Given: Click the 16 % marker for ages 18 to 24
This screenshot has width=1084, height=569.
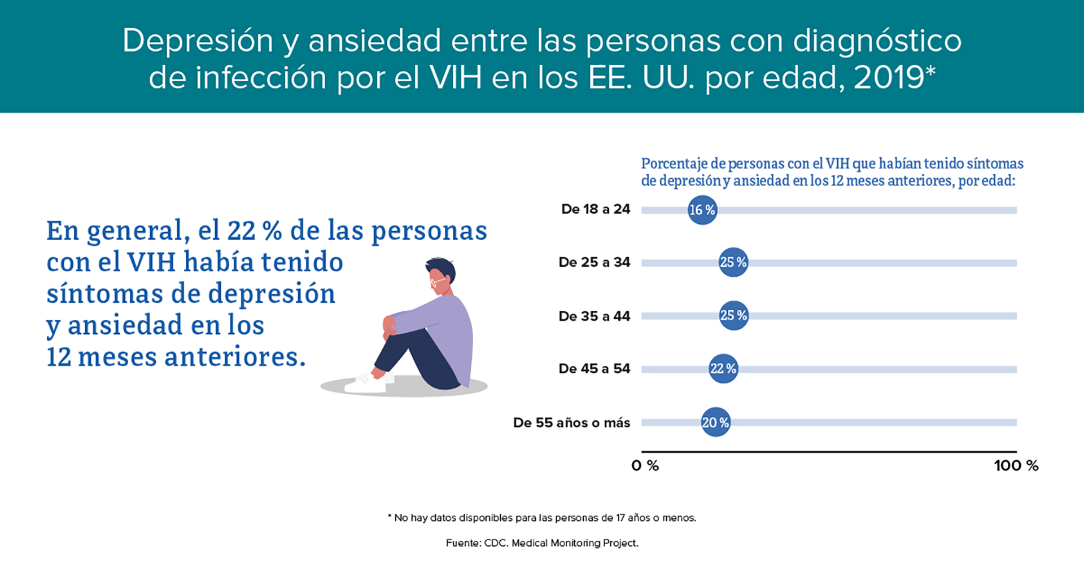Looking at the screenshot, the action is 702,210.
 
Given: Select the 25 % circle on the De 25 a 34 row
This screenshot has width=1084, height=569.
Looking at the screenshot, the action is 733,262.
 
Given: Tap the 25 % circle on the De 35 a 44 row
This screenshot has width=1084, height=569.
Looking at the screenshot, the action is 733,315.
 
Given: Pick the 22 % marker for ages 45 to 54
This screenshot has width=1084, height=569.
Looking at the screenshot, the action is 723,368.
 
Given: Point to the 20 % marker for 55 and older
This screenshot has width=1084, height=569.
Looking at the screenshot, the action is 715,422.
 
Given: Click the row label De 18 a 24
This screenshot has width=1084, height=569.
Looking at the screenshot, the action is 596,209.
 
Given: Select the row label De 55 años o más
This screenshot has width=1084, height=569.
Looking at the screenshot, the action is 571,422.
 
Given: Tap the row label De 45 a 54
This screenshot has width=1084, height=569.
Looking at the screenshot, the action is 595,369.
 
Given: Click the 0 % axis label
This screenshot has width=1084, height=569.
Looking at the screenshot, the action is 645,465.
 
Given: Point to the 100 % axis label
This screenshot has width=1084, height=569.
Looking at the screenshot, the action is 1016,465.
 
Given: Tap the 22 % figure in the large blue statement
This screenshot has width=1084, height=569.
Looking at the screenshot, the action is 254,231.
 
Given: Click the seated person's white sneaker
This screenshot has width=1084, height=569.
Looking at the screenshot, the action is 366,383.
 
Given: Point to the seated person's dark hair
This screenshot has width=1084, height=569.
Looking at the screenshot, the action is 442,268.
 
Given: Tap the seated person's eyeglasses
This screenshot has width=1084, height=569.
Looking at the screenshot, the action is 438,280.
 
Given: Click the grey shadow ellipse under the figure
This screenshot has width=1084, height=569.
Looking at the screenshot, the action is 404,387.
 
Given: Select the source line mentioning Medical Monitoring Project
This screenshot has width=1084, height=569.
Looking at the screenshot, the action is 542,543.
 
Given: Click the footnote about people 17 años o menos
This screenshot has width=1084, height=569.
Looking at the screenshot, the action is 542,518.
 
